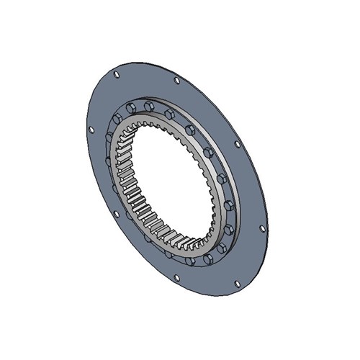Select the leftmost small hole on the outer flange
click(x=91, y=130)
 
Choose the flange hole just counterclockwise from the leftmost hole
click(x=116, y=213)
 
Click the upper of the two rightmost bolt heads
click(x=230, y=205)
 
